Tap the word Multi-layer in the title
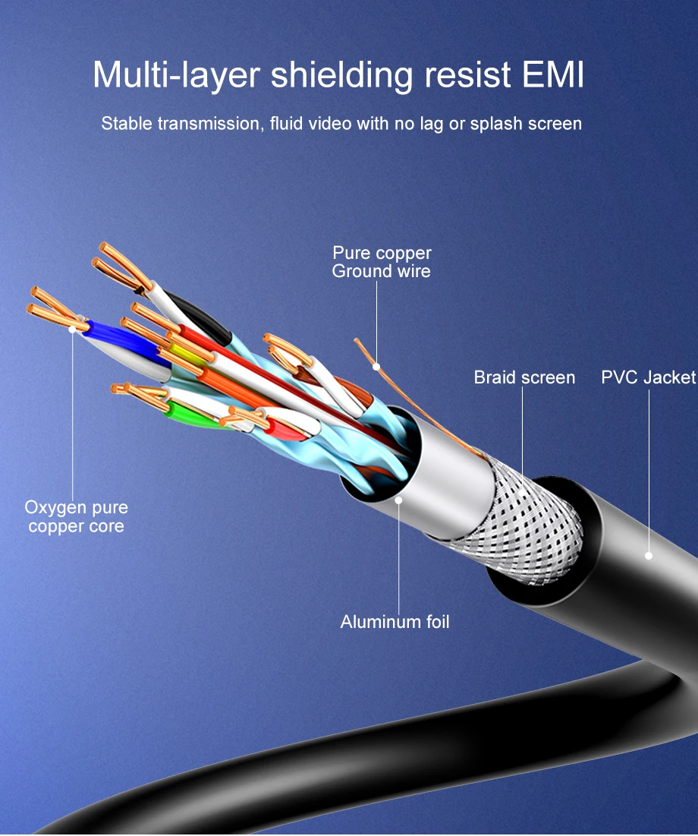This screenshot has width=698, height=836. tap(177, 77)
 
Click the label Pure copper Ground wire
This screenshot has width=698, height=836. tap(381, 262)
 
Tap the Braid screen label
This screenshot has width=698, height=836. tap(524, 377)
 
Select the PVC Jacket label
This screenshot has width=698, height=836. tap(648, 377)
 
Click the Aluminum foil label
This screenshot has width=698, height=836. tap(395, 622)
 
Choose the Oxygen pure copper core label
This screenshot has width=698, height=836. tap(76, 516)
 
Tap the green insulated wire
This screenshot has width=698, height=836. tap(186, 413)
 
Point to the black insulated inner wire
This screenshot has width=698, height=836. tap(201, 315)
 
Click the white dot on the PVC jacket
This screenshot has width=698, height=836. tap(649, 556)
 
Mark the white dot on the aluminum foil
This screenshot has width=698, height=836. tap(399, 500)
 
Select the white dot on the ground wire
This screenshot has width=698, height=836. tap(376, 367)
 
